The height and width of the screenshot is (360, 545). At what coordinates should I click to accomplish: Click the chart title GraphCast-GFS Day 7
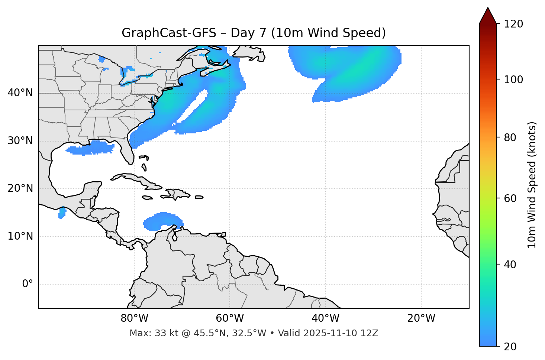pos(254,33)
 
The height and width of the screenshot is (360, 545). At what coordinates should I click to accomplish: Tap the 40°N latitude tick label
pos(20,93)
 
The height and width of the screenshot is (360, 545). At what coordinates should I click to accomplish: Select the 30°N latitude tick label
pos(20,141)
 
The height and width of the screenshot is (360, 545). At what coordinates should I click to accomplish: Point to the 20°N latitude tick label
pos(20,188)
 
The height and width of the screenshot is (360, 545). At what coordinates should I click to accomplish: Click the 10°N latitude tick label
pos(20,236)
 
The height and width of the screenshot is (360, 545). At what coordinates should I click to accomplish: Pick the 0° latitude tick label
pos(28,284)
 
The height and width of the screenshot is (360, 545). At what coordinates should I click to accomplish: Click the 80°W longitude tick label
pos(134,318)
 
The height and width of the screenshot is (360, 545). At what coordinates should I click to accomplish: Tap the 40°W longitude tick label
pos(325,318)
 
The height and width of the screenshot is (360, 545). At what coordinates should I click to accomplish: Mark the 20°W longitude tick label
pos(421,318)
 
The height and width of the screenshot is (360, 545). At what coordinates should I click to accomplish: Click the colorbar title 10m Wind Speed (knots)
pos(532,185)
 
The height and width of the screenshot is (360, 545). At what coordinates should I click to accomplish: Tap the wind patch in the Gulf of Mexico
pos(91,148)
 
